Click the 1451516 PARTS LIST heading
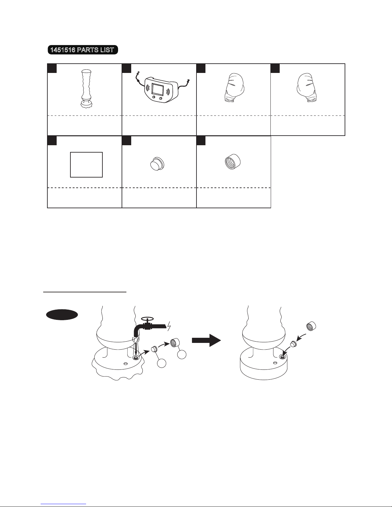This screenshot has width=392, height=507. (x=83, y=50)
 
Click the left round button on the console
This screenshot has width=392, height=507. (x=154, y=97)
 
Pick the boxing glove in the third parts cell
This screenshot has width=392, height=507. (x=234, y=88)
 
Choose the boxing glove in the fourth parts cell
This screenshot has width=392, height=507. (x=307, y=88)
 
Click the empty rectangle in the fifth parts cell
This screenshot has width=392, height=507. (x=86, y=165)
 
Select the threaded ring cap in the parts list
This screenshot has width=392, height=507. (x=232, y=162)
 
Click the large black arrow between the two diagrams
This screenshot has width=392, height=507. (x=206, y=340)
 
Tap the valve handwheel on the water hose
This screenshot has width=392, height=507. (x=148, y=319)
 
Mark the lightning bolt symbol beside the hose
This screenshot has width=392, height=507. (x=169, y=326)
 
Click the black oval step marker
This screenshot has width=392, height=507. (x=62, y=315)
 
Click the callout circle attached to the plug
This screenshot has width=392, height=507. (x=162, y=363)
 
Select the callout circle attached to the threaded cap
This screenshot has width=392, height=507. (x=182, y=355)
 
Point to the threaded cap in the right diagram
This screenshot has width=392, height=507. (x=311, y=326)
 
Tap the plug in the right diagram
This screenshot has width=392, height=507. (x=293, y=344)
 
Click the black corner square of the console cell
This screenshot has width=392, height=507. (x=126, y=68)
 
